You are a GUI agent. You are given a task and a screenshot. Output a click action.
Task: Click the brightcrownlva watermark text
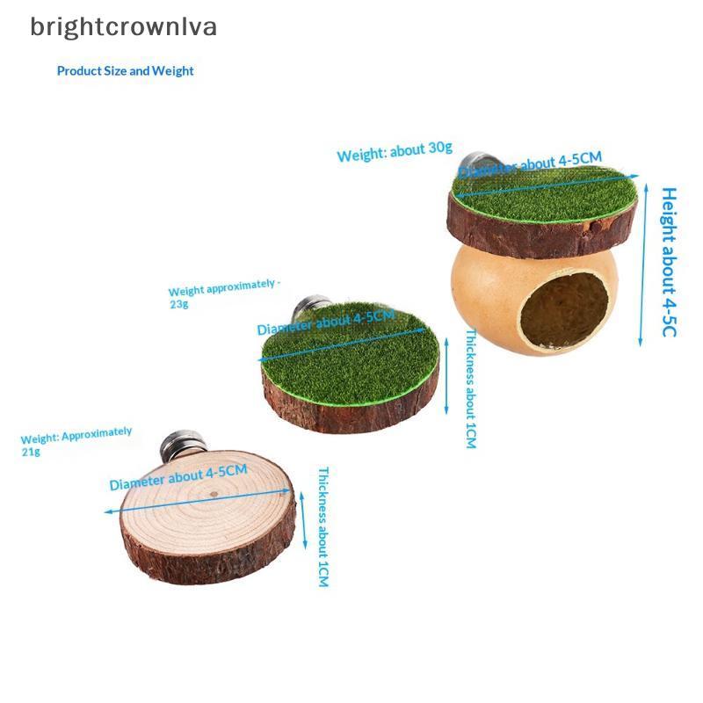point(123,27)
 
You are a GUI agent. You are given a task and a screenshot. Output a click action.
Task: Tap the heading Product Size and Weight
point(125,71)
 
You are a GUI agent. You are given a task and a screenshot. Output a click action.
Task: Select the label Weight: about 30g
point(395,151)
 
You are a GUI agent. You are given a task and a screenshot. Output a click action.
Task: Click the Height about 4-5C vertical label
point(669,262)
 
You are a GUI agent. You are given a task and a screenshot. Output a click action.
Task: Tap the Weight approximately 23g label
point(224,294)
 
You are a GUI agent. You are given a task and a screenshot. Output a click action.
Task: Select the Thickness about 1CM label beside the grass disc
point(470,388)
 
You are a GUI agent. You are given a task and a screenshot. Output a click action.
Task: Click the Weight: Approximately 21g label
point(76,441)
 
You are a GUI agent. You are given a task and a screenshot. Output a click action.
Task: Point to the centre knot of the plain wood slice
point(214,494)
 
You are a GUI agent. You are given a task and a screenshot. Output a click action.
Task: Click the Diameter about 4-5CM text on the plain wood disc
point(178,477)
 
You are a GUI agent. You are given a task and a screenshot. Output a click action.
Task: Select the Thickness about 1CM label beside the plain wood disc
point(323,526)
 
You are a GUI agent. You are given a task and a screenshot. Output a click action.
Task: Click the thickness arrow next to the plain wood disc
point(303,520)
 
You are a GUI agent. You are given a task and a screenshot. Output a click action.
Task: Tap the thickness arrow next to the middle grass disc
point(446,376)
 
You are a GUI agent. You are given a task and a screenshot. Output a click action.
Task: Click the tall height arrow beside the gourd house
point(643,265)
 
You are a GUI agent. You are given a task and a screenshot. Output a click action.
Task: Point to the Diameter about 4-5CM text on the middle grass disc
point(326,322)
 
